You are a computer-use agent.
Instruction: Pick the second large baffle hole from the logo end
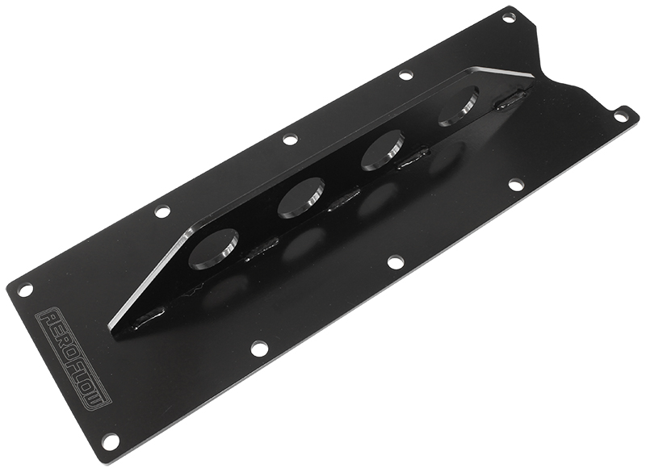coord(300,198)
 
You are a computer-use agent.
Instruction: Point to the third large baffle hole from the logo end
coord(381,150)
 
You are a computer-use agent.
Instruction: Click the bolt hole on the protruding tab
coord(623,115)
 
